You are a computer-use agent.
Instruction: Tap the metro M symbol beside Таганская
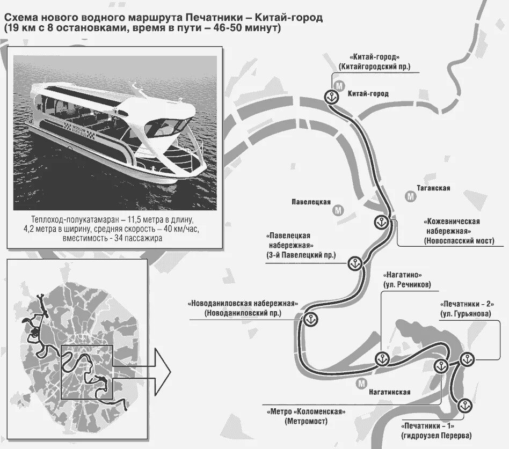(x=412, y=196)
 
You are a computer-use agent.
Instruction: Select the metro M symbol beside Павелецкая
(x=338, y=210)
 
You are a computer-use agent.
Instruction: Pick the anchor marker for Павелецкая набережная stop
(x=353, y=263)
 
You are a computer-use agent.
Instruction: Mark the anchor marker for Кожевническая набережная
(x=382, y=222)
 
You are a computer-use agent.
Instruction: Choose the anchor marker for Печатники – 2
(x=466, y=360)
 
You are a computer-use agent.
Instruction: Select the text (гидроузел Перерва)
(x=435, y=434)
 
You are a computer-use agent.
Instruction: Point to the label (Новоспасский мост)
(x=458, y=241)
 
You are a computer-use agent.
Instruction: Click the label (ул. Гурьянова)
(x=466, y=313)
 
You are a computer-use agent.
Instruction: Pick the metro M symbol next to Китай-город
(x=339, y=86)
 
